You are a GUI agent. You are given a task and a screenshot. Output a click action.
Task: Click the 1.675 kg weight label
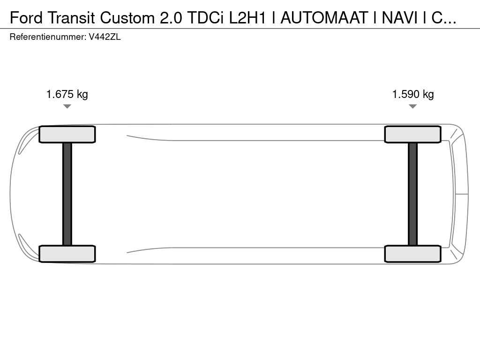point(67,94)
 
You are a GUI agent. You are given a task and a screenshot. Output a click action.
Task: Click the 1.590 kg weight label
point(413,94)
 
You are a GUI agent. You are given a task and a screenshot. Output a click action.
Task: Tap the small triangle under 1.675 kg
point(67,106)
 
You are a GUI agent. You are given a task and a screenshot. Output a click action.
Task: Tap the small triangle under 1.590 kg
point(412,106)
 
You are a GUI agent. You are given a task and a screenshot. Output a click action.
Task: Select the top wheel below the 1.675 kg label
point(67,135)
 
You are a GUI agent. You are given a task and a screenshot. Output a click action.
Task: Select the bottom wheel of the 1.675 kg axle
point(67,254)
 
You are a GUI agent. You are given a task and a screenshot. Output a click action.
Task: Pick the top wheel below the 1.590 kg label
point(412,135)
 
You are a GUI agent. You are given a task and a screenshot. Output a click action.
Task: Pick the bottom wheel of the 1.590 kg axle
point(412,254)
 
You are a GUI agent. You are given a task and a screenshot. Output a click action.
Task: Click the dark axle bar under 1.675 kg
point(67,194)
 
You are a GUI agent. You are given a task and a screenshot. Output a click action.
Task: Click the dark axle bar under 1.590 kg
point(412,194)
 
